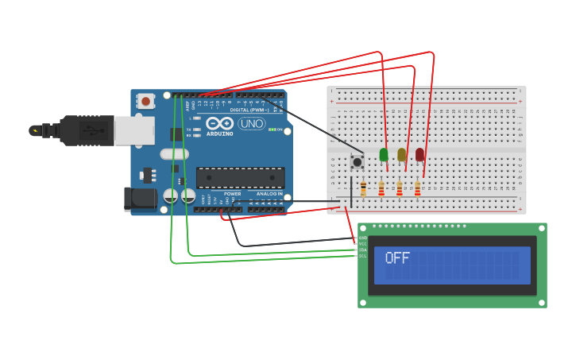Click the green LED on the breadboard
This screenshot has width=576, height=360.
384,154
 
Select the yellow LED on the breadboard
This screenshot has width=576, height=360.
402,154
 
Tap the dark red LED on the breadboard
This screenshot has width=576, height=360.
419,154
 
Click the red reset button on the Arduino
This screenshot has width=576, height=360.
145,101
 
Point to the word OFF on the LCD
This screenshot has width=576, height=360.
397,258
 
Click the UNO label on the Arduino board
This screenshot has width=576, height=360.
251,124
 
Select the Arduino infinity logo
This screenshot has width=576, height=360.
218,123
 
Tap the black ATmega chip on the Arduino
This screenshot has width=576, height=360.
240,178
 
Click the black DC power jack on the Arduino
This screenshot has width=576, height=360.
141,199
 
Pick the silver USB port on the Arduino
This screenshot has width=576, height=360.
133,130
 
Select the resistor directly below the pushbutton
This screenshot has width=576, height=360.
363,189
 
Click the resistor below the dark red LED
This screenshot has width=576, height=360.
417,189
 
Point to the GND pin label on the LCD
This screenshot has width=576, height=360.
362,238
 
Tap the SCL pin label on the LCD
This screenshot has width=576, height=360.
362,256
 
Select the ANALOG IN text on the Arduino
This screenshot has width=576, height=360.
269,194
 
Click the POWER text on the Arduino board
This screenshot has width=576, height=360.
232,194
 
